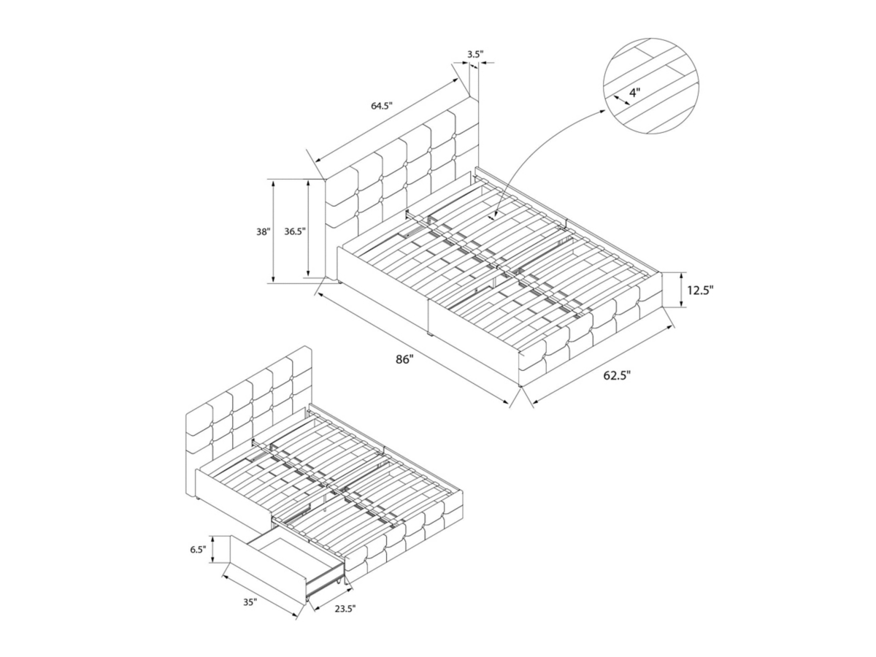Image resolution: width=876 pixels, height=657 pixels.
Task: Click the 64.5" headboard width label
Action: (382, 106)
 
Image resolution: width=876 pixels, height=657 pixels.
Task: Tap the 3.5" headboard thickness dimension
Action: (475, 54)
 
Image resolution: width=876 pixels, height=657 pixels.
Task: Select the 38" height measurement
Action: (264, 231)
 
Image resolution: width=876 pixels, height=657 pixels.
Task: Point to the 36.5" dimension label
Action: (295, 231)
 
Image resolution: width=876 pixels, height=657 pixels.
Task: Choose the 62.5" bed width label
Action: (617, 375)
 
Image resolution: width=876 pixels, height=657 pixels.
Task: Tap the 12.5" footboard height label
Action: (699, 290)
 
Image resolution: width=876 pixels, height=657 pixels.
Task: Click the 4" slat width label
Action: (634, 93)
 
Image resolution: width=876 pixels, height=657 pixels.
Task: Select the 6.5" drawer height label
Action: (198, 550)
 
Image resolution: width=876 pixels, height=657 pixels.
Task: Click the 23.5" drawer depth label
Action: (344, 620)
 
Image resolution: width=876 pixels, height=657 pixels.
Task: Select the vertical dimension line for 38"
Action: (273, 231)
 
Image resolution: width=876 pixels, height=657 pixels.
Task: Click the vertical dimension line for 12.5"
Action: (681, 290)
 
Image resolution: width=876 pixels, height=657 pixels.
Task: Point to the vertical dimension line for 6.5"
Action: (214, 549)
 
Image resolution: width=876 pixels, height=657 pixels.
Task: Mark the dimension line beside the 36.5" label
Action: (308, 228)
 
